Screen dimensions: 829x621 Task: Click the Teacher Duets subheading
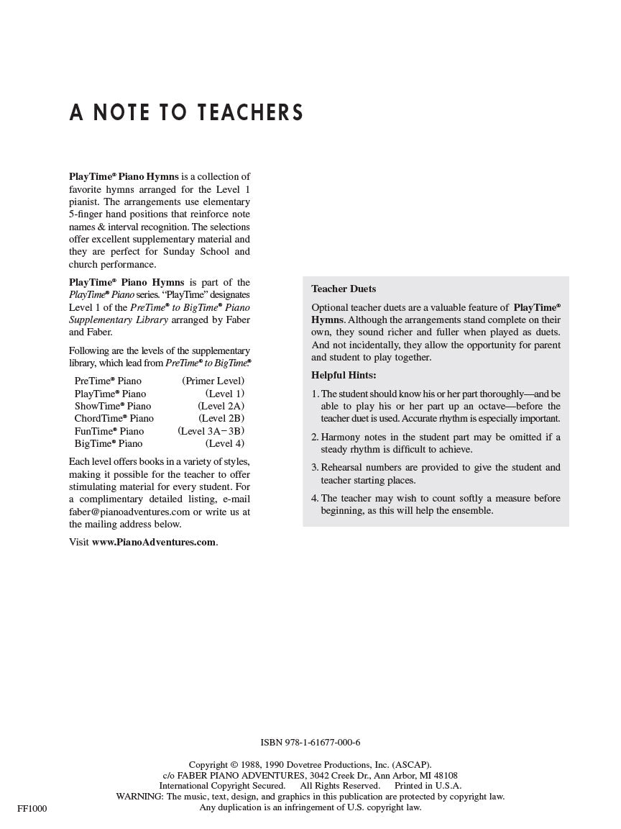click(343, 289)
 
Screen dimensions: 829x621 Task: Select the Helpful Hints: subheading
click(343, 375)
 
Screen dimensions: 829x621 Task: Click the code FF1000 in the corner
click(32, 809)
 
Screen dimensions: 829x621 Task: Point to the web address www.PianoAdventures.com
click(154, 542)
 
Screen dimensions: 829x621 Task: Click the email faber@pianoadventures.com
click(129, 512)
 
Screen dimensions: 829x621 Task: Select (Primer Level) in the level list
click(213, 381)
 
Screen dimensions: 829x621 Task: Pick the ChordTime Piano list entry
click(114, 418)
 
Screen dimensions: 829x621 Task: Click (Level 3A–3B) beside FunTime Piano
click(211, 431)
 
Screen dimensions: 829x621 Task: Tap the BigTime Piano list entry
click(108, 443)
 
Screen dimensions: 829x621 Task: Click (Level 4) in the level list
click(224, 443)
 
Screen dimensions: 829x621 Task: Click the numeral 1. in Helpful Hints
click(315, 394)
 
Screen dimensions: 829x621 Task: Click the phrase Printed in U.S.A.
click(428, 786)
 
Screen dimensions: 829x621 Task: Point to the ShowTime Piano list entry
click(112, 406)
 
